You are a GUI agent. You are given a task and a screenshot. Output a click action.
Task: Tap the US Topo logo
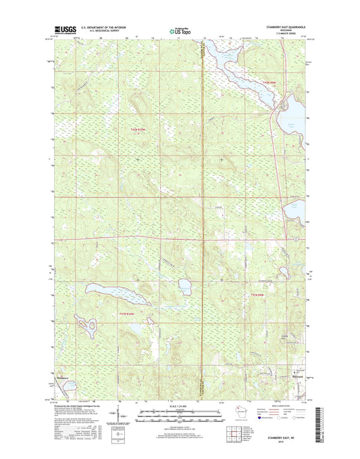(179, 30)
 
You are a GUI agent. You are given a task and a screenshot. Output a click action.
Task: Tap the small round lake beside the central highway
(183, 283)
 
